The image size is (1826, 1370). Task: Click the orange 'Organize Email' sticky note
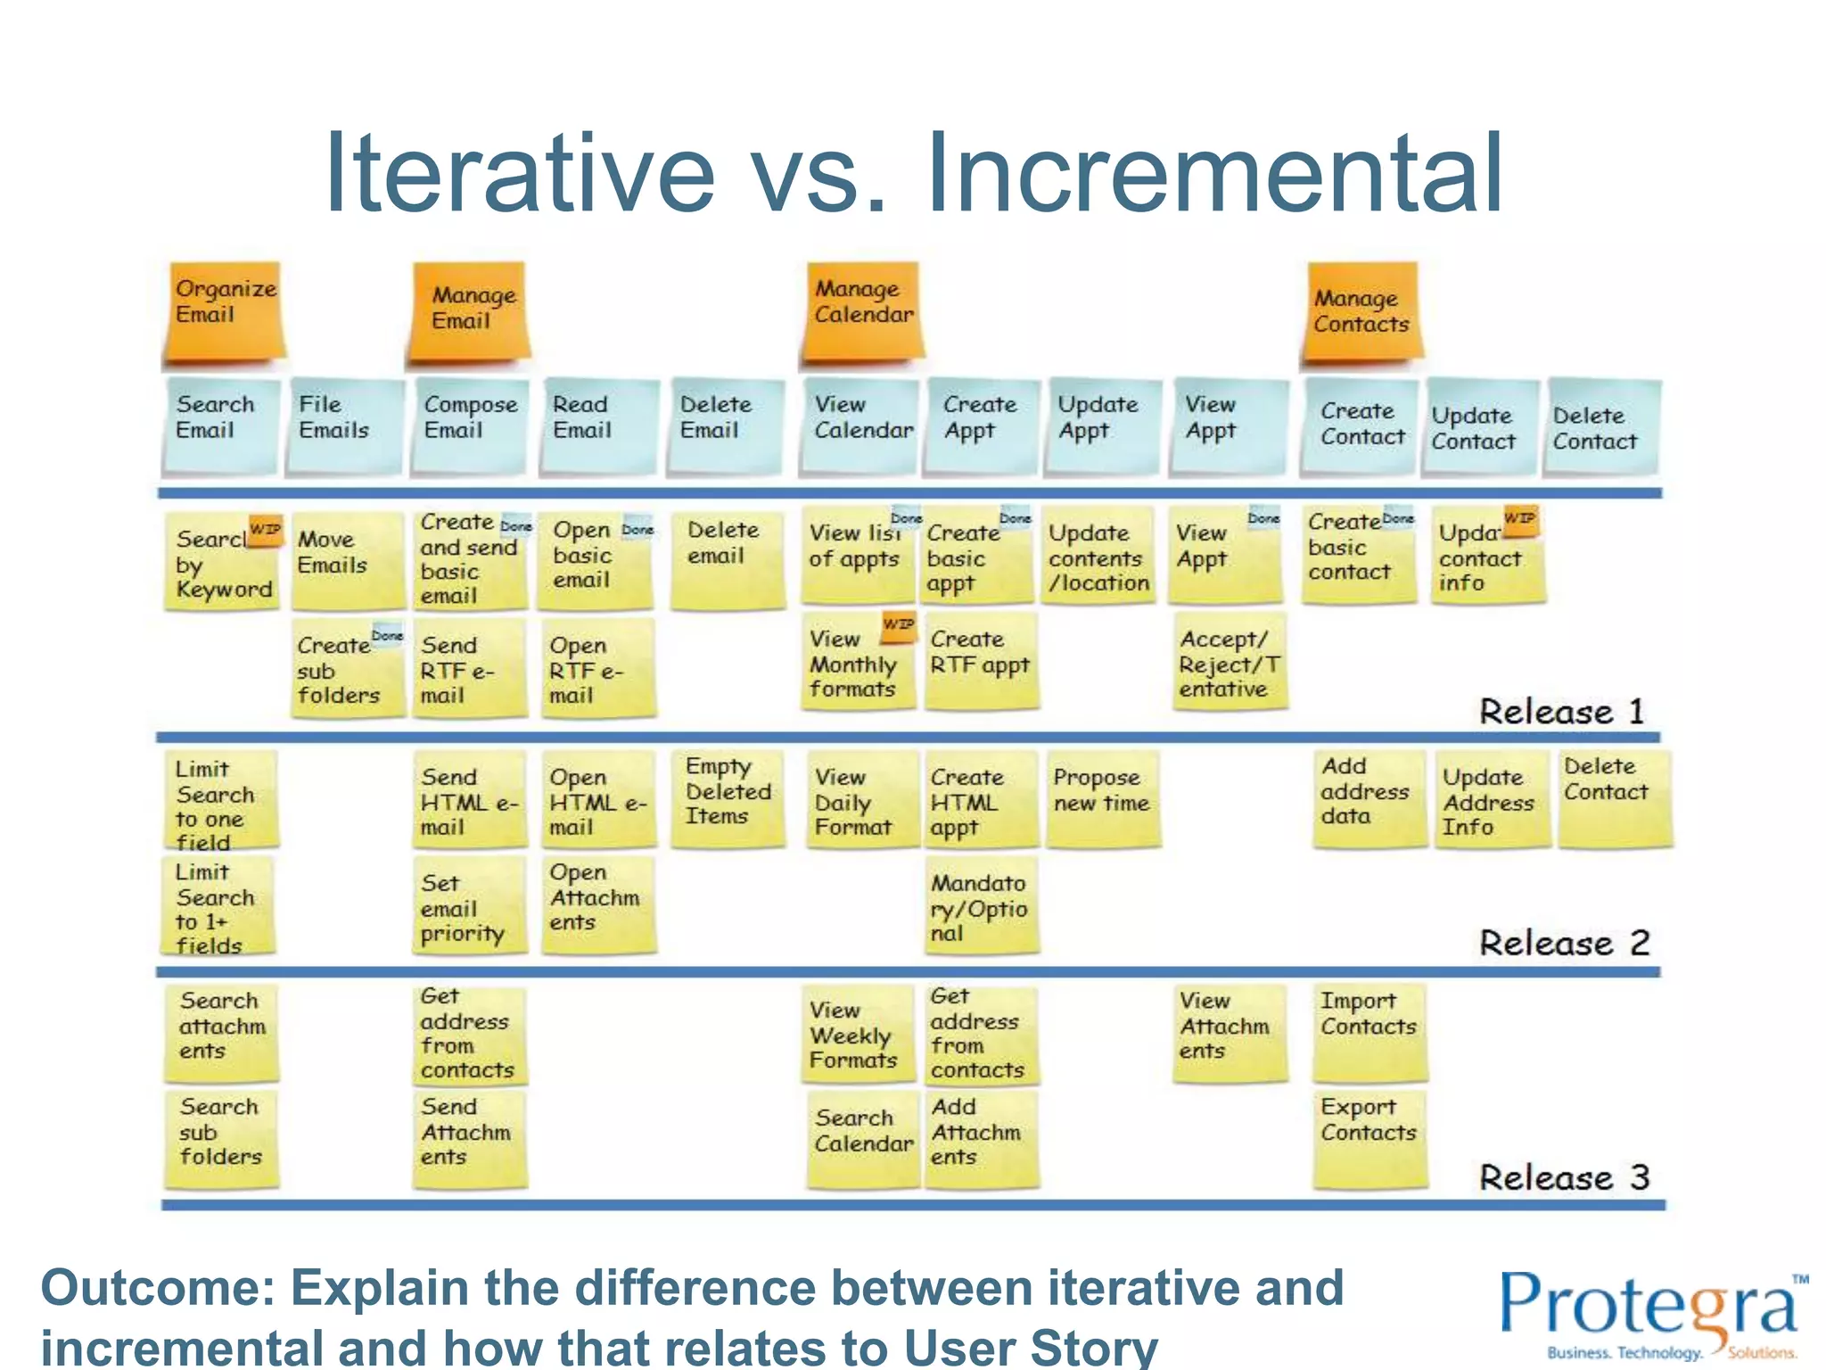tap(224, 311)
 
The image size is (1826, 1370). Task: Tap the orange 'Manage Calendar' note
tap(862, 311)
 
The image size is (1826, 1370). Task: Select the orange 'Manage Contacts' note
tap(1361, 311)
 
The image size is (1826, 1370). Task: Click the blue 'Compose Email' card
tap(469, 424)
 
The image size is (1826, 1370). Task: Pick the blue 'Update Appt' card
tap(1103, 424)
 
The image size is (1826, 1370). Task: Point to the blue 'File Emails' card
tap(343, 424)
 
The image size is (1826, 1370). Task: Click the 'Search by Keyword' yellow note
tap(222, 562)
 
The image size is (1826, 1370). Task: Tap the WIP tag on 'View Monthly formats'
tap(898, 625)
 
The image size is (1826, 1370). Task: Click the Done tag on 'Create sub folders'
tap(387, 636)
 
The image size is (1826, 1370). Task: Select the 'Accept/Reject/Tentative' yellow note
tap(1230, 664)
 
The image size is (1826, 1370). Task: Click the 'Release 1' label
tap(1560, 712)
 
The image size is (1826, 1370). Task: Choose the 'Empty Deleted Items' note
tap(728, 796)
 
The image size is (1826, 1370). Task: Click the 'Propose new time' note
tap(1103, 796)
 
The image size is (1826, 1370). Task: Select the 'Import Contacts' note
tap(1369, 1030)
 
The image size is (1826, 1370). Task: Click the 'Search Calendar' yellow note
tap(862, 1137)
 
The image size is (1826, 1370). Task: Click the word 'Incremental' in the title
tap(1214, 174)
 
